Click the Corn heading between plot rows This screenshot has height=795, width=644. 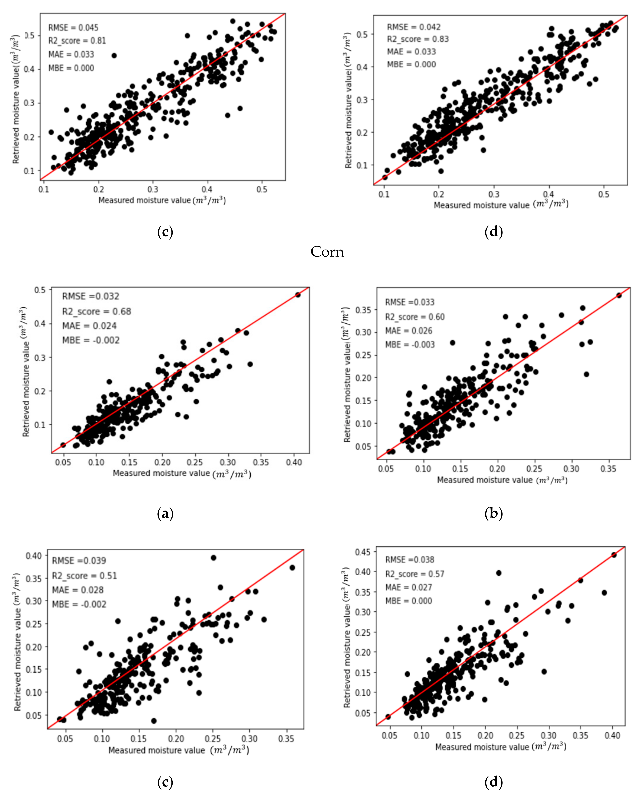[327, 252]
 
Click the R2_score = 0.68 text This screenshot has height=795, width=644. [96, 311]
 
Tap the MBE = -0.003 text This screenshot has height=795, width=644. [410, 345]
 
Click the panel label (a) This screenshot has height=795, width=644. [165, 514]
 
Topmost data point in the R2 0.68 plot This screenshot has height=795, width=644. [298, 295]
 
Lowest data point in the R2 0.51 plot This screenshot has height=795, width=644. [154, 721]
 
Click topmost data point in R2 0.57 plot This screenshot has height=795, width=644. [613, 555]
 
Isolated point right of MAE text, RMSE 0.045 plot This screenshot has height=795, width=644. [114, 56]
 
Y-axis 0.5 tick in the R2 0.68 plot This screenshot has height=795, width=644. [40, 290]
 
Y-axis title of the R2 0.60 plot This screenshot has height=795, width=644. [346, 375]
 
